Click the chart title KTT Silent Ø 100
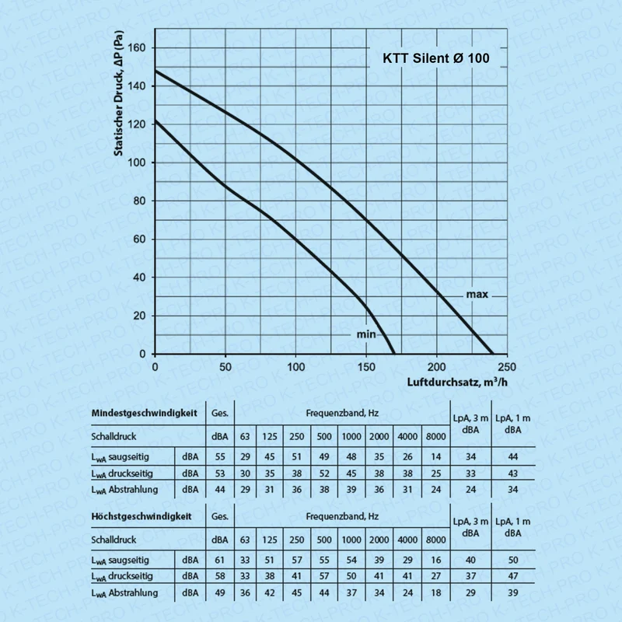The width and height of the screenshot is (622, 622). (436, 58)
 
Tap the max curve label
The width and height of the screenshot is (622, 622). (477, 295)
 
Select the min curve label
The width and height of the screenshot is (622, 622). (365, 334)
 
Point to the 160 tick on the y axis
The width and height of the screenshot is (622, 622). (137, 47)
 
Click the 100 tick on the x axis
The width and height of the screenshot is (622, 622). (295, 367)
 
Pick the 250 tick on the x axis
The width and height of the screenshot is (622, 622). (507, 367)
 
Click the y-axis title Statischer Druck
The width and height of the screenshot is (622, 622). (119, 93)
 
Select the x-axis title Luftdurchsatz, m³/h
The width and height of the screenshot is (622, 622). (457, 382)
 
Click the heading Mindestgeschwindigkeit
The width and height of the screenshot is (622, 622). (144, 413)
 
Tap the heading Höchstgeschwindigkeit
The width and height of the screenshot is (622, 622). (142, 516)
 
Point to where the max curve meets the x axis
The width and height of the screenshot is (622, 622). (493, 354)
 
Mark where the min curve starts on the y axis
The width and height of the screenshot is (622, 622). (155, 121)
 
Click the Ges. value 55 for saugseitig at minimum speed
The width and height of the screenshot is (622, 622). (220, 456)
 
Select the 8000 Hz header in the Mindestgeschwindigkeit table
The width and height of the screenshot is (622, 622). (435, 436)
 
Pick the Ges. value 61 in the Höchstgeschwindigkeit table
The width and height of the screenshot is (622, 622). (220, 560)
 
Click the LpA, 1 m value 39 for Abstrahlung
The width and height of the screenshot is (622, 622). (513, 592)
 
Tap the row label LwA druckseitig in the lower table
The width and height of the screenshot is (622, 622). (122, 576)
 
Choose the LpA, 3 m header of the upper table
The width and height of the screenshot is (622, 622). (470, 424)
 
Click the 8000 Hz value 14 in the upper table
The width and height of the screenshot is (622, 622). (435, 456)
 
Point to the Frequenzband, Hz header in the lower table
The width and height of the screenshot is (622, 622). (342, 516)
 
